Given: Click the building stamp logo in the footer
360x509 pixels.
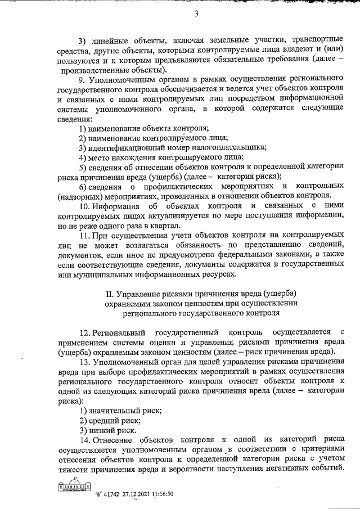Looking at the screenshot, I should (x=72, y=488).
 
